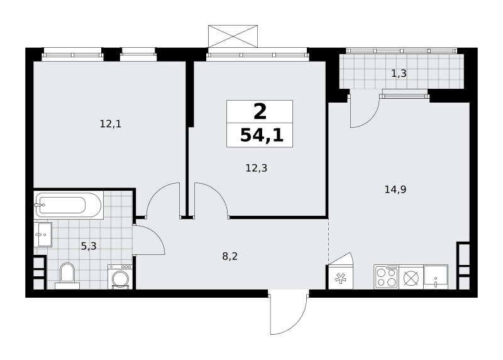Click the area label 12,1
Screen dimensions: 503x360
[111, 123]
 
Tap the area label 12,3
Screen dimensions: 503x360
[257, 167]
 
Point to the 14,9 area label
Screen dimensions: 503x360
[395, 189]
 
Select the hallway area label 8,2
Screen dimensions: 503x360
[230, 256]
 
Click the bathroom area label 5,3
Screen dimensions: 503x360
[89, 246]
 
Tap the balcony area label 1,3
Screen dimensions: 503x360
[399, 74]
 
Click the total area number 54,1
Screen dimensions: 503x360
[262, 135]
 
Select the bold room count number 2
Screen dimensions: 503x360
[260, 112]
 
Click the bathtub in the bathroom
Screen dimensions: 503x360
[69, 205]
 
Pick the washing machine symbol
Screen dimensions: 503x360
[120, 277]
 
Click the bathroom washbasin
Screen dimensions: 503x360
[43, 234]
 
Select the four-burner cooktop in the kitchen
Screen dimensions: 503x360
[386, 277]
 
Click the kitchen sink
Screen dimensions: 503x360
[436, 277]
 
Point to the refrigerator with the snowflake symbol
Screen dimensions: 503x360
[340, 276]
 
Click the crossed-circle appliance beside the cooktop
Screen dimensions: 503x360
[411, 277]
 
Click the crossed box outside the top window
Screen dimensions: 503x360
[233, 37]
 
